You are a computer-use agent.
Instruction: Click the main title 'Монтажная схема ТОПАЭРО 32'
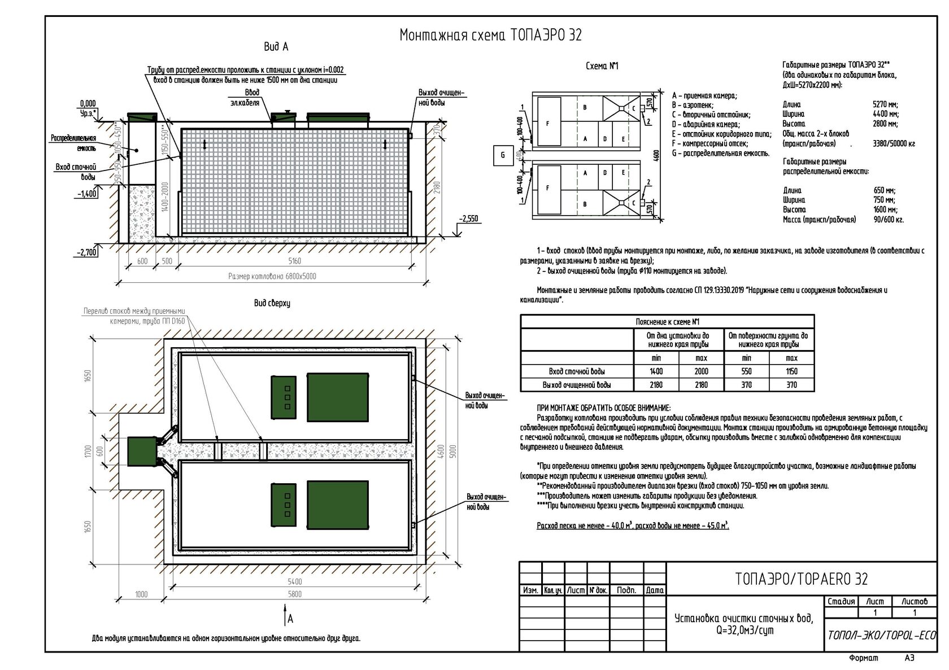(490, 35)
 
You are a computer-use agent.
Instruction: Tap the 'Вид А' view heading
(276, 47)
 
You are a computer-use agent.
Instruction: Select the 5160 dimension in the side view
(294, 261)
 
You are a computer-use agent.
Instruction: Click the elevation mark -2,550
(468, 219)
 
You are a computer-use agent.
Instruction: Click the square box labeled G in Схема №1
(503, 155)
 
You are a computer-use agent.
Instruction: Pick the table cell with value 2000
(701, 371)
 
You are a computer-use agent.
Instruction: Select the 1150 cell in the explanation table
(791, 371)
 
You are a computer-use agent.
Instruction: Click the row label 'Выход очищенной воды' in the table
(577, 385)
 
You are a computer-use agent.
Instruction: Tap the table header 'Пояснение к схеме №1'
(667, 322)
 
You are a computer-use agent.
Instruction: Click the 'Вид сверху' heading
(272, 303)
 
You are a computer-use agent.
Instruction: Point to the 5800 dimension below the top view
(294, 594)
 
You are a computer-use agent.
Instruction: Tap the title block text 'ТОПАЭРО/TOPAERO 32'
(802, 579)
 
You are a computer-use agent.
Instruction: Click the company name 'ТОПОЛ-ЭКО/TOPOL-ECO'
(881, 635)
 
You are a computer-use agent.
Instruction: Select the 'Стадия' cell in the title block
(841, 602)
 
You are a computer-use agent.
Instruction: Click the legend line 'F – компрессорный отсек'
(709, 143)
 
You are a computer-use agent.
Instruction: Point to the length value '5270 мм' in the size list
(885, 104)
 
